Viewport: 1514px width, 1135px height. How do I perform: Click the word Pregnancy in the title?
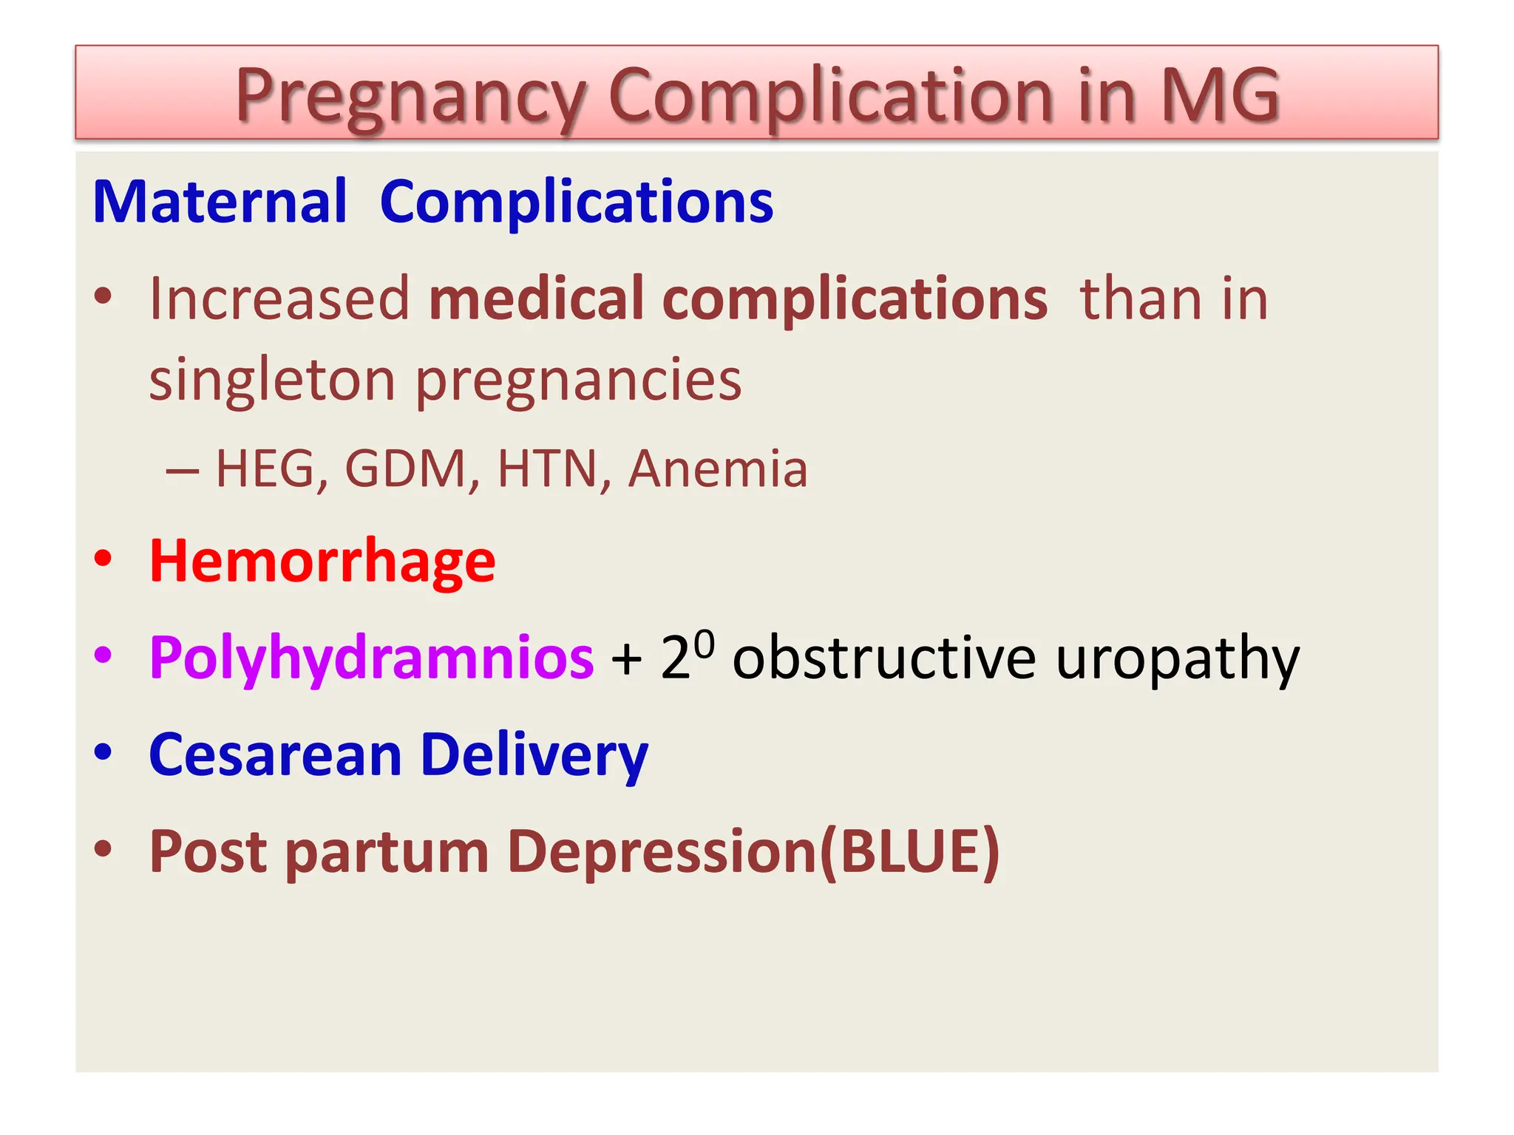410,96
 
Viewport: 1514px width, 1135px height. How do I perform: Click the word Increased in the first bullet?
279,299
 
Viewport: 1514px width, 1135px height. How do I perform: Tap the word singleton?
272,380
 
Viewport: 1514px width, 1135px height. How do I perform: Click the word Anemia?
718,468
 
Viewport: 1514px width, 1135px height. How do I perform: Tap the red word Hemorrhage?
322,562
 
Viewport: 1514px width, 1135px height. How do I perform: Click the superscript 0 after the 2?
705,643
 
